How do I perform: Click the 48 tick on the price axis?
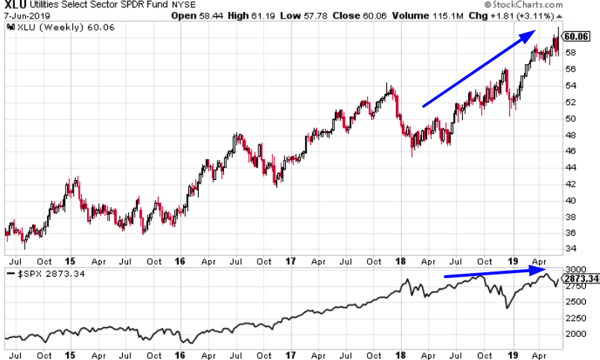point(569,135)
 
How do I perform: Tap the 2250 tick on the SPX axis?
point(575,318)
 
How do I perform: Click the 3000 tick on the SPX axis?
point(575,269)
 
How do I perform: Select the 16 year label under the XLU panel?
point(180,262)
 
